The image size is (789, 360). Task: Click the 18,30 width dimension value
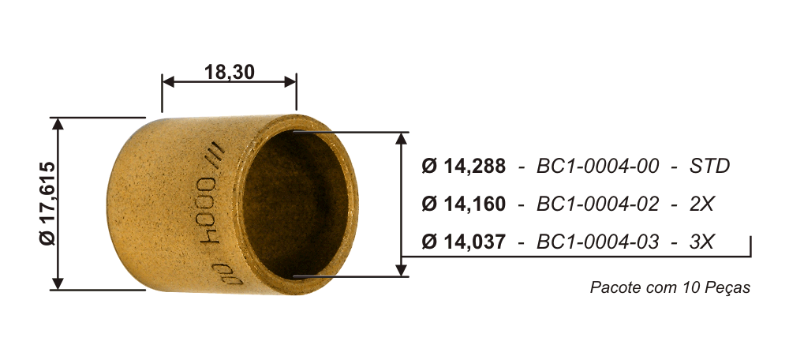coord(229,72)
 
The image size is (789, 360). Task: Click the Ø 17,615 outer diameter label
coord(49,204)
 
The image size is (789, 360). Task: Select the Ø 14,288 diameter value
coord(463,166)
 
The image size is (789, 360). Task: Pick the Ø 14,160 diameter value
coord(463,204)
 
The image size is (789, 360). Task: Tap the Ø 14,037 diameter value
coord(463,242)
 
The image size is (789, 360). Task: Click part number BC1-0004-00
coord(597,166)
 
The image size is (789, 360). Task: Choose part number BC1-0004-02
coord(597,204)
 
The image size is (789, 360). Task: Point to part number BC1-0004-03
coord(597,242)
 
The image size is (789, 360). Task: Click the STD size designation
coord(709,166)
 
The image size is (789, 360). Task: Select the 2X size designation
coord(701,204)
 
